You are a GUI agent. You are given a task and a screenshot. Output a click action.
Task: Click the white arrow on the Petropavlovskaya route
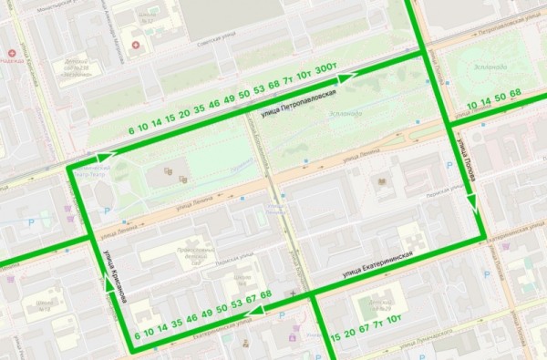pos(344,78)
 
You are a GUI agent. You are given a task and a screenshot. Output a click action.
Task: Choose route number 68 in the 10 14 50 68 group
pos(515,94)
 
